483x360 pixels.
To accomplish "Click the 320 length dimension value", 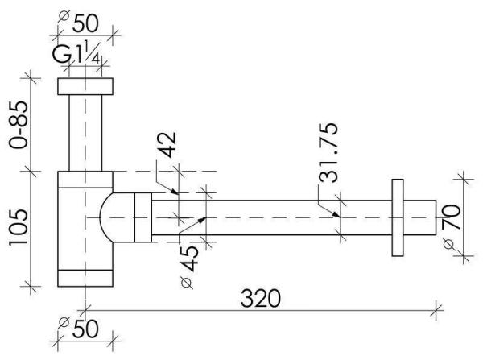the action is click(x=261, y=298).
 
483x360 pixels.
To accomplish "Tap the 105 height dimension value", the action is click(x=19, y=227).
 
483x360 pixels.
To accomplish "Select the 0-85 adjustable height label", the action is click(x=19, y=125).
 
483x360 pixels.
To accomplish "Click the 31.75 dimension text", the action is click(x=328, y=152).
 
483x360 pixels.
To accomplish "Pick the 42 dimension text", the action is click(x=167, y=144).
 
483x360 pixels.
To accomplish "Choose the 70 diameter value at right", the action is click(x=452, y=217).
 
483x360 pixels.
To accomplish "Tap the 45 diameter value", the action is click(x=189, y=259).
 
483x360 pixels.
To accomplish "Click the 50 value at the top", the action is click(x=85, y=23).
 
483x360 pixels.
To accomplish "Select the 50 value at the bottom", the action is click(x=85, y=329).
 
